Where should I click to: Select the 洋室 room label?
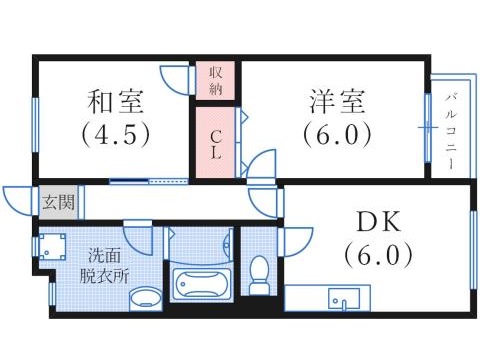click(x=336, y=101)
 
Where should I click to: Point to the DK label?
click(x=377, y=221)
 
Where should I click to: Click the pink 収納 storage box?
click(x=215, y=80)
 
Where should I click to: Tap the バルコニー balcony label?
click(x=451, y=128)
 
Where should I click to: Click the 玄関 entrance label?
click(x=56, y=202)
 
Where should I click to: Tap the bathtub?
click(x=202, y=284)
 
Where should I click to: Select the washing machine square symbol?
click(x=53, y=247)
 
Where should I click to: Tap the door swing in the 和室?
click(x=177, y=79)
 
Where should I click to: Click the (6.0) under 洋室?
click(x=336, y=132)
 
